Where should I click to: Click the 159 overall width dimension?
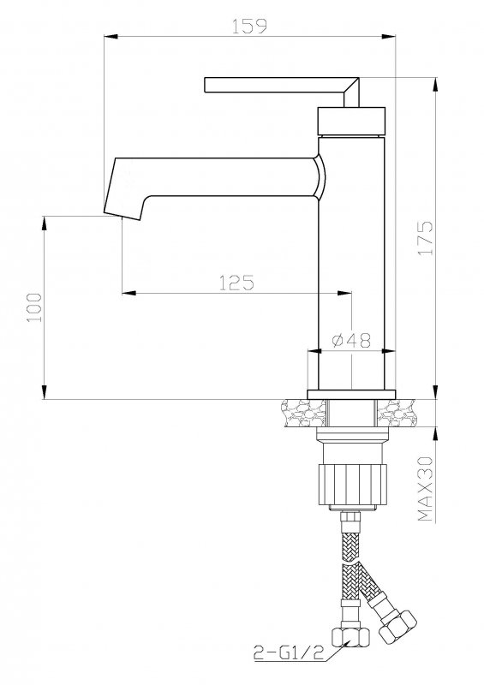coord(248,26)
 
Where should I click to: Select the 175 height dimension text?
coord(425,239)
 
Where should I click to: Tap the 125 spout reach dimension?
coord(236,283)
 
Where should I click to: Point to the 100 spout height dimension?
coord(34,307)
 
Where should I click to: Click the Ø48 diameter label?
coord(351,341)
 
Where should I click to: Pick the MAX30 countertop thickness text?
coord(425,489)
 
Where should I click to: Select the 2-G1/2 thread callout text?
coord(289,653)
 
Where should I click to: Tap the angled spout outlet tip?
coord(122,216)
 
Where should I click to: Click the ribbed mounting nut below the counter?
coord(352,485)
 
